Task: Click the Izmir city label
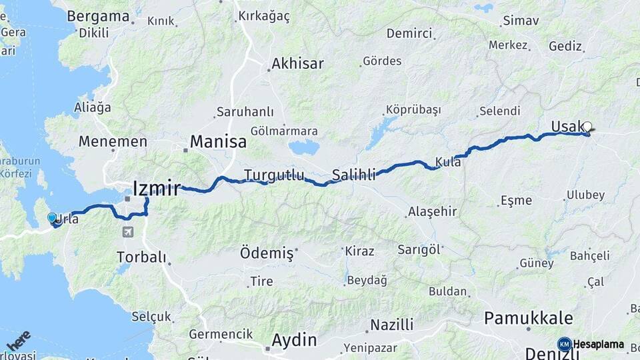tap(157, 189)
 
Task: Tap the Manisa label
tap(218, 141)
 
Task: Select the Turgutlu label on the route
tap(274, 175)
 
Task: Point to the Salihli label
tap(354, 175)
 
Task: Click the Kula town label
tap(448, 161)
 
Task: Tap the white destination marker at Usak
tap(587, 126)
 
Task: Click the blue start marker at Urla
tap(52, 217)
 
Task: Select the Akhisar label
tap(297, 64)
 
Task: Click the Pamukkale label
tap(529, 318)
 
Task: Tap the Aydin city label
tap(294, 339)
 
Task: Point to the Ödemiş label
tap(267, 253)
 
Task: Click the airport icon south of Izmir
tap(127, 232)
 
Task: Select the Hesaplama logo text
tap(598, 345)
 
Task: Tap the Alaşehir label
tap(432, 212)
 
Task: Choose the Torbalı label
tap(141, 257)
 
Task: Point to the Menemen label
tap(113, 141)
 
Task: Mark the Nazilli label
tap(392, 325)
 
